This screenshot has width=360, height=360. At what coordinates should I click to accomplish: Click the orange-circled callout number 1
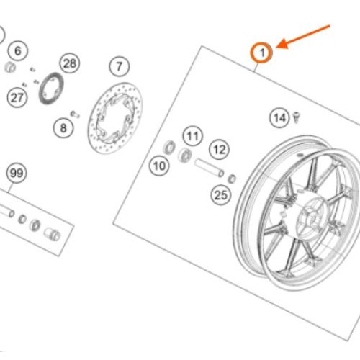tap(261, 53)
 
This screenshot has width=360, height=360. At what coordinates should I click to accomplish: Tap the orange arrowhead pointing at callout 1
tap(283, 45)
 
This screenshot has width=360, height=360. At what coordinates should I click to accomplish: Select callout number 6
tap(18, 50)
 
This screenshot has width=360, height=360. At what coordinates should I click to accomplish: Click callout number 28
tap(70, 63)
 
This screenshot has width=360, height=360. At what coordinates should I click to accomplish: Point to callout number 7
tap(120, 66)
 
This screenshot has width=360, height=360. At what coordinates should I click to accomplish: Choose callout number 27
tap(17, 98)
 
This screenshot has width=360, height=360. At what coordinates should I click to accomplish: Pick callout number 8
tap(63, 127)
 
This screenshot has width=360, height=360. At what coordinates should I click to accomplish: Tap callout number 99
tap(17, 173)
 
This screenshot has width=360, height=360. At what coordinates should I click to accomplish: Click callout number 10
tap(159, 166)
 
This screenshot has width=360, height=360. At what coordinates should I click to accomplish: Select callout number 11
tap(193, 136)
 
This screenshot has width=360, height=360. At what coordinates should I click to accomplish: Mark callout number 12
tap(220, 150)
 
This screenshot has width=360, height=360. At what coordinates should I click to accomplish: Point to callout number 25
tap(221, 195)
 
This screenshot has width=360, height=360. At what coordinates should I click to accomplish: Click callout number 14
tap(279, 118)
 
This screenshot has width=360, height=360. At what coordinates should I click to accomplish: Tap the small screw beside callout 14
tap(297, 117)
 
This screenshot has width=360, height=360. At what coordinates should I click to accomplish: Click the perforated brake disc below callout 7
tap(114, 118)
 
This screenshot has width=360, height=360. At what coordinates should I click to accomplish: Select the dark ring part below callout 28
tap(51, 89)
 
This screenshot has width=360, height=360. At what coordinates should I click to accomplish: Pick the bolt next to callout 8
tap(75, 114)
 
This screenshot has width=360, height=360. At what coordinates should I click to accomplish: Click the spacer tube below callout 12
tap(210, 167)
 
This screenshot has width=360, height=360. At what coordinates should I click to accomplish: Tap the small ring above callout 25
tap(232, 179)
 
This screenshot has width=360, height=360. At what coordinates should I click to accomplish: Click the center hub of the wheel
tap(312, 218)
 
